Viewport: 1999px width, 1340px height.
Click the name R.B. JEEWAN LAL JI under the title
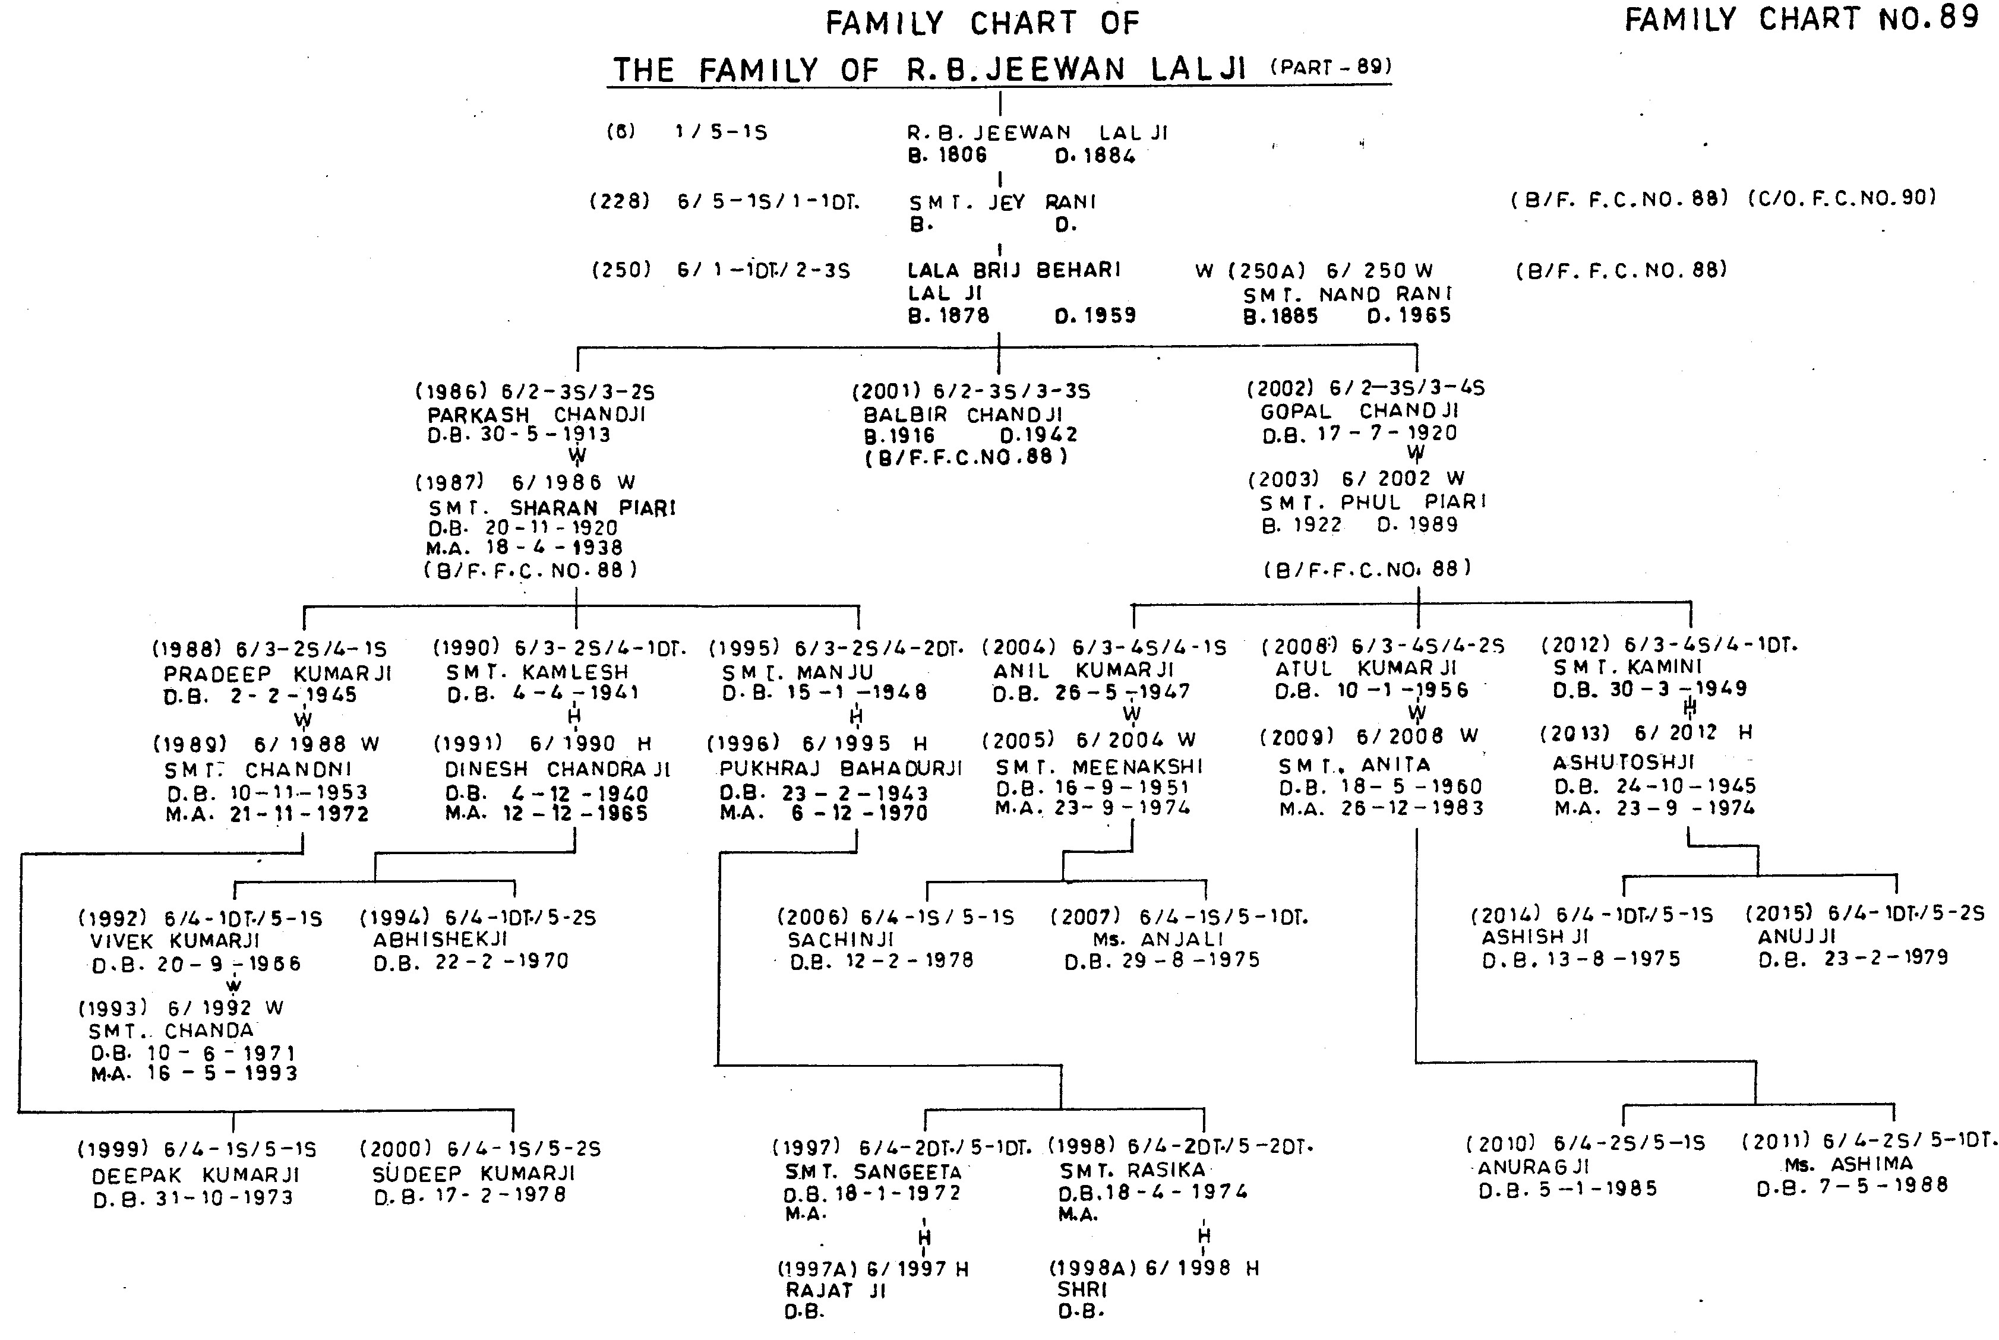click(x=1037, y=133)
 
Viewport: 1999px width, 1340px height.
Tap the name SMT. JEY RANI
click(x=1002, y=203)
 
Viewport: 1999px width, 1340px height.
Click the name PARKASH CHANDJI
click(x=536, y=415)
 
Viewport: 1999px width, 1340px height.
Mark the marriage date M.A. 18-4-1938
click(x=525, y=548)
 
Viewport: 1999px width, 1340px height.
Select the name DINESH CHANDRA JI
click(x=557, y=770)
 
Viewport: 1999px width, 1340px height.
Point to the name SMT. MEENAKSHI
click(x=1099, y=767)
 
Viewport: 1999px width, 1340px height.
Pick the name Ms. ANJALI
click(x=1158, y=939)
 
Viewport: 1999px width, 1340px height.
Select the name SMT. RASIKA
click(x=1132, y=1170)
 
